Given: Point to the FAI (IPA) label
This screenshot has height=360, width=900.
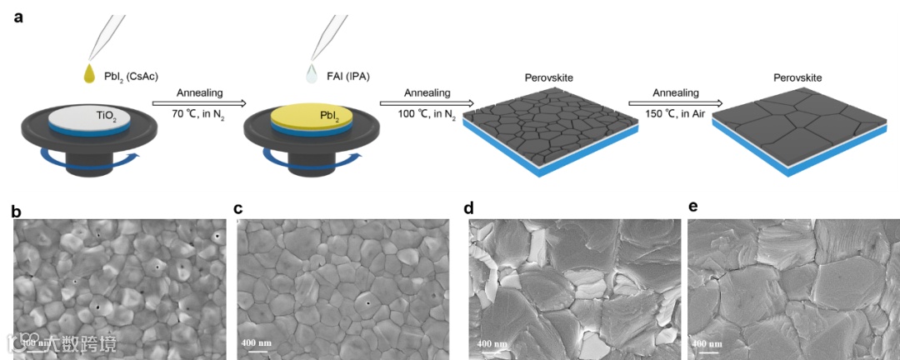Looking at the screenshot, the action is (x=348, y=77).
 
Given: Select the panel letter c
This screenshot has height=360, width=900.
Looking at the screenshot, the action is (x=238, y=208).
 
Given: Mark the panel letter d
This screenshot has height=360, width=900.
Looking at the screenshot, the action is (x=469, y=208).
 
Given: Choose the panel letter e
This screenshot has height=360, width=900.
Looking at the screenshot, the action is (x=691, y=208).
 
